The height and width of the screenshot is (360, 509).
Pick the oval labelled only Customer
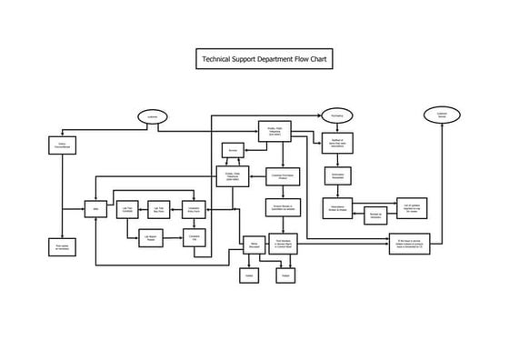[152, 115]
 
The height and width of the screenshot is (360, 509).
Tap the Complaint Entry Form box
[193, 209]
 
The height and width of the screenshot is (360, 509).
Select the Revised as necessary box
[374, 216]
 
